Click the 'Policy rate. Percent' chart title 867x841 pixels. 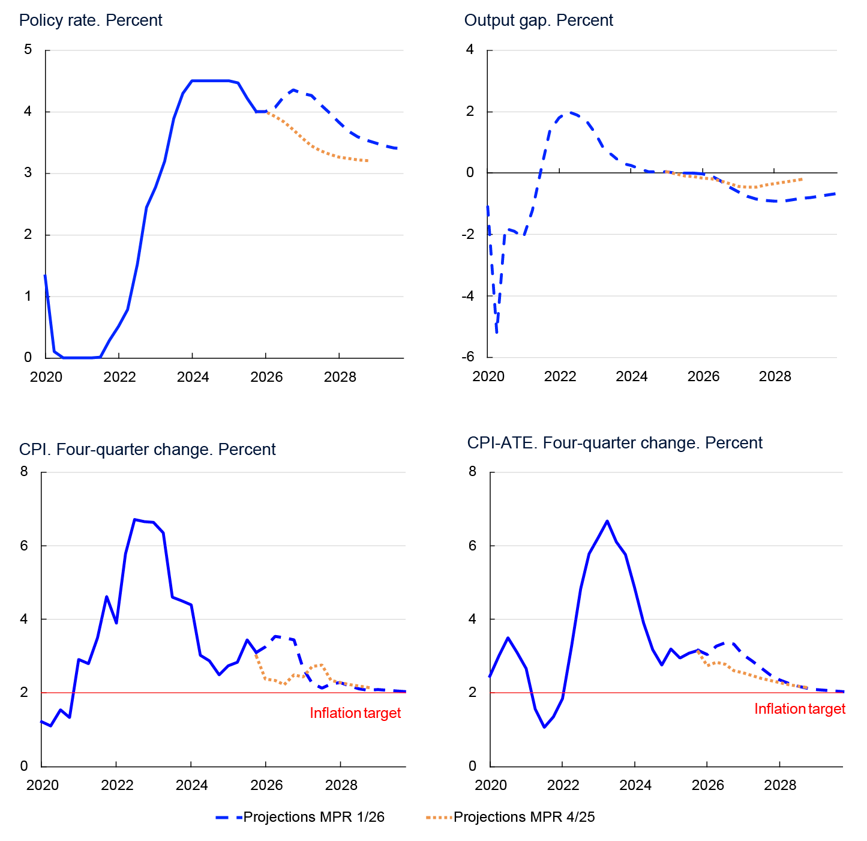click(x=91, y=20)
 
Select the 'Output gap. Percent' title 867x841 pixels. click(x=538, y=20)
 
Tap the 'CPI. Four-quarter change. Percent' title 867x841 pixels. click(x=147, y=450)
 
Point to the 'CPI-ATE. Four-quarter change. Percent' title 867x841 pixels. click(x=614, y=443)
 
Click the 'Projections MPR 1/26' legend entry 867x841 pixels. click(x=300, y=817)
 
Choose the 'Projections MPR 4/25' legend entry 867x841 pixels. click(x=510, y=817)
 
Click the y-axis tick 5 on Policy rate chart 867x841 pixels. click(x=28, y=50)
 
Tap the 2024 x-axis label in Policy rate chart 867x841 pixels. click(x=193, y=377)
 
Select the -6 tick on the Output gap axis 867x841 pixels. click(x=468, y=357)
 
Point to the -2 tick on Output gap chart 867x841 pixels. click(x=468, y=234)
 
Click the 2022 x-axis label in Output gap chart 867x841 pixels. click(x=560, y=377)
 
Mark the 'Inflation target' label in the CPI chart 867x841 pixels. click(x=355, y=713)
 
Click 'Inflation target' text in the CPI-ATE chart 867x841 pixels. click(x=799, y=709)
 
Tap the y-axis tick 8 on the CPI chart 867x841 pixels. click(x=24, y=472)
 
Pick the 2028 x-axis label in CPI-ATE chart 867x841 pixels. click(x=779, y=785)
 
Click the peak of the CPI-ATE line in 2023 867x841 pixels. click(x=607, y=521)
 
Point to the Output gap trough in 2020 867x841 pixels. click(x=497, y=331)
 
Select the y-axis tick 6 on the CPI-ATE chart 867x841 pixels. click(x=473, y=546)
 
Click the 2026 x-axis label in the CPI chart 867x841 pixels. click(x=266, y=785)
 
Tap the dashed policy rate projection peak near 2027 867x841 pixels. click(x=293, y=90)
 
